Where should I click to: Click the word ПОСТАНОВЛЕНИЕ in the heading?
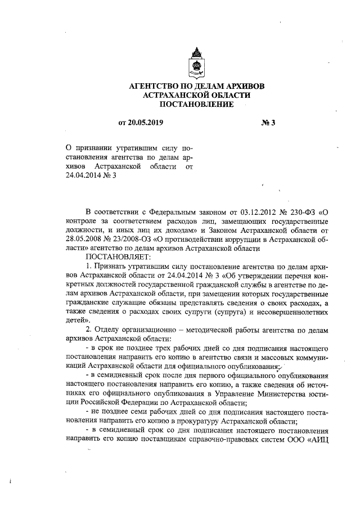click(x=196, y=105)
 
